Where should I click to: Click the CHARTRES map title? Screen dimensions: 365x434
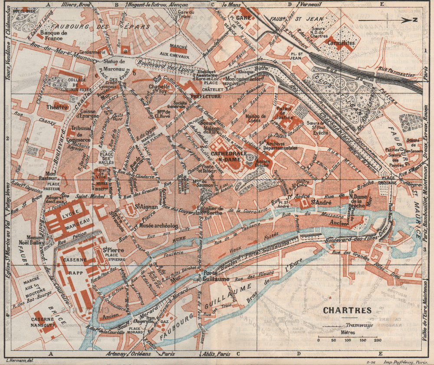347,310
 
